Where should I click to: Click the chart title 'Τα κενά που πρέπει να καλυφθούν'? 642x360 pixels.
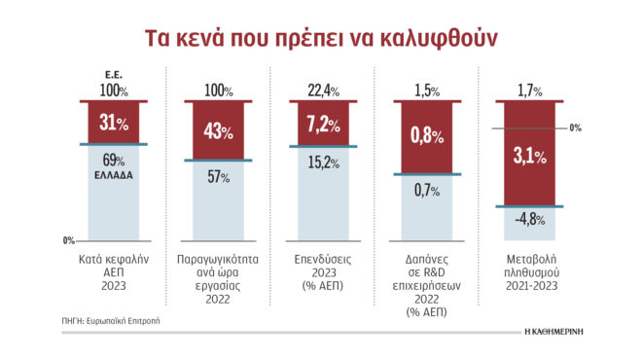[x=320, y=37]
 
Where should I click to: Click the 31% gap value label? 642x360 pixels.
[x=114, y=124]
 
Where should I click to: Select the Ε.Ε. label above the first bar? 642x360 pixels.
[x=114, y=74]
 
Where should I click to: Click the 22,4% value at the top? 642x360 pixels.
[x=320, y=90]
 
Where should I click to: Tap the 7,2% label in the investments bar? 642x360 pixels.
[x=320, y=124]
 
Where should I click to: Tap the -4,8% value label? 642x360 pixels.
[x=526, y=219]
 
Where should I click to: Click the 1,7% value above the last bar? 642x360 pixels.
[x=526, y=90]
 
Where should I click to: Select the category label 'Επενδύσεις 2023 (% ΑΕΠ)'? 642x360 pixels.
[x=320, y=275]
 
